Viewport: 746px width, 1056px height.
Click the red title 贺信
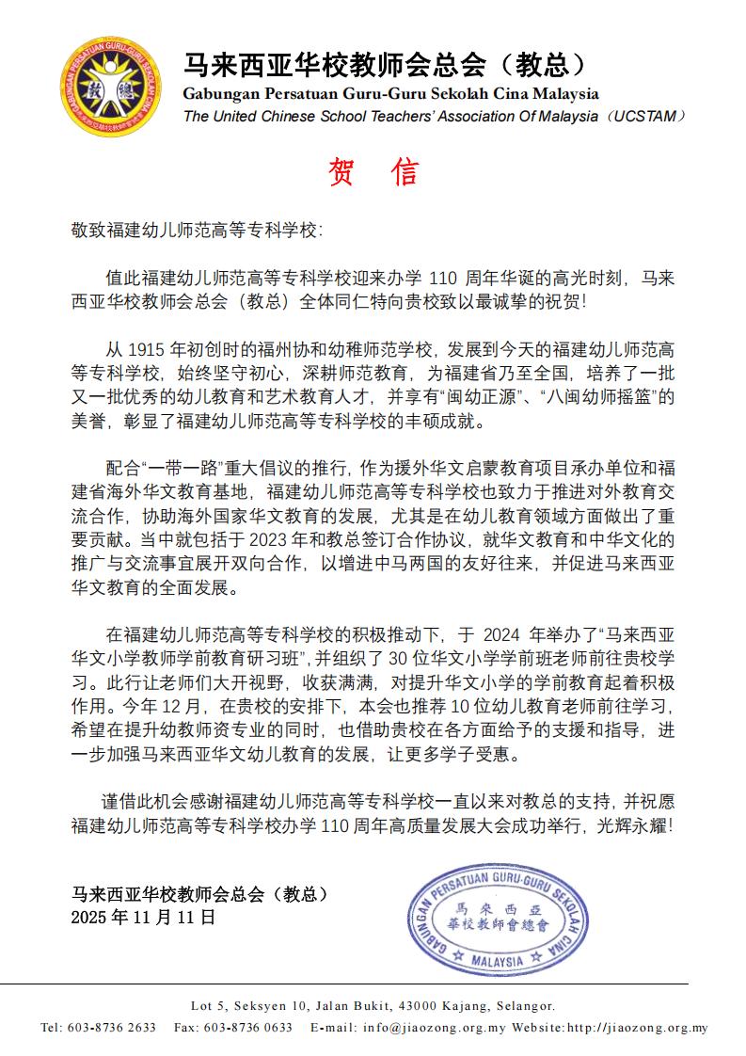pos(373,172)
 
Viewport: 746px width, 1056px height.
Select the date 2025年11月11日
pos(143,916)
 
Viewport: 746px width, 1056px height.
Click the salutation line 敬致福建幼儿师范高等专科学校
pos(197,230)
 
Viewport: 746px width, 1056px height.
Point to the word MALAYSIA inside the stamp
pos(496,962)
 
